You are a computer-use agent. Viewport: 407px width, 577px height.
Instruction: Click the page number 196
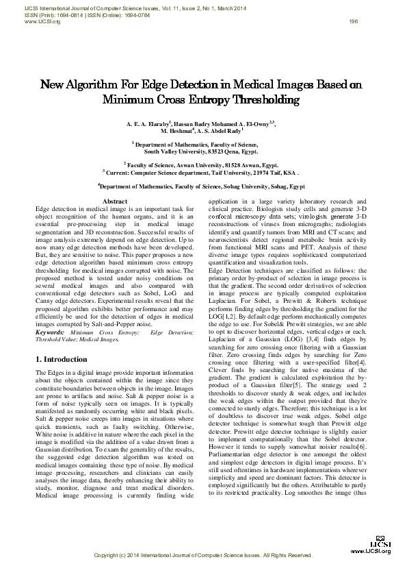coord(354,21)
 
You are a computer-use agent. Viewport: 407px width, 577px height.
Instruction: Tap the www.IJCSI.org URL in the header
coord(42,21)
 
